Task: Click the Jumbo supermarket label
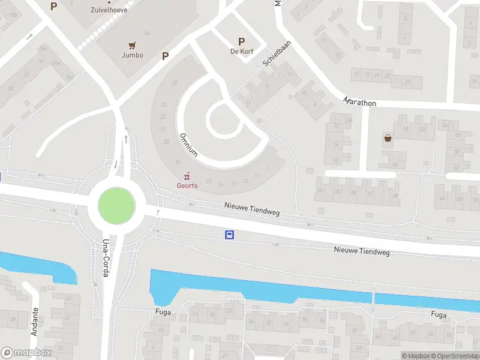click(x=133, y=55)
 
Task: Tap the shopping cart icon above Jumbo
click(x=133, y=44)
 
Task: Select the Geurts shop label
click(x=187, y=185)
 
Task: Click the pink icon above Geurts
click(x=187, y=176)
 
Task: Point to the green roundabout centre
click(x=116, y=205)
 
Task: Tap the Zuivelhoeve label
click(x=125, y=10)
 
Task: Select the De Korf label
click(x=242, y=51)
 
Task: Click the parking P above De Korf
click(x=242, y=41)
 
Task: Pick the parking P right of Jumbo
click(x=164, y=56)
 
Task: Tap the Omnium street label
click(x=188, y=144)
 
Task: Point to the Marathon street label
click(x=360, y=103)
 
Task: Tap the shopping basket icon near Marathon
click(x=388, y=138)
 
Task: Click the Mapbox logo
click(x=25, y=353)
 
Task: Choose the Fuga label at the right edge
click(x=439, y=314)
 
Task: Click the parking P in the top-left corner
click(x=53, y=6)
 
